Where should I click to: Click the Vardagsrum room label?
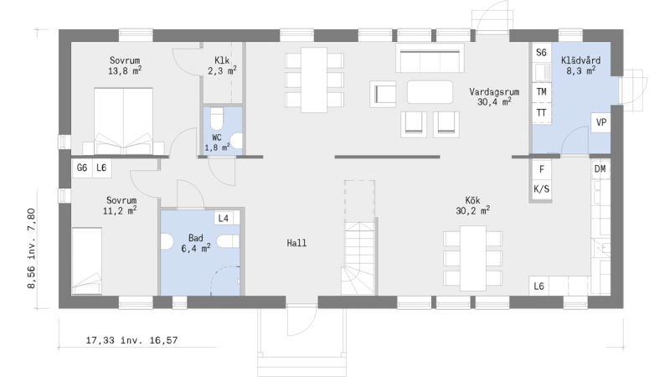[x=494, y=96]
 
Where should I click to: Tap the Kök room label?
[x=472, y=205]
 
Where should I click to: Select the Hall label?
[x=296, y=243]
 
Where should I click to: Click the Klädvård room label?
[x=580, y=65]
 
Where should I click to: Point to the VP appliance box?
[x=600, y=122]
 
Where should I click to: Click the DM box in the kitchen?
[x=600, y=169]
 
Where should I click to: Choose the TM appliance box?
[x=541, y=92]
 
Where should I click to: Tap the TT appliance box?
[x=541, y=113]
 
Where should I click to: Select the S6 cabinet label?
[x=541, y=53]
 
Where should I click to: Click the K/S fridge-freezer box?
[x=541, y=189]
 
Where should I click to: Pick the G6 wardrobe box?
[x=81, y=168]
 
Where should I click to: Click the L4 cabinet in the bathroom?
[x=224, y=219]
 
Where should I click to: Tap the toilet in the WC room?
[x=217, y=118]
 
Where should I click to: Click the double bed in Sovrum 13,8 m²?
[x=123, y=121]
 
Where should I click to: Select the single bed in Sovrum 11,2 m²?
[x=87, y=261]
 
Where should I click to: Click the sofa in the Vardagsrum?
[x=430, y=58]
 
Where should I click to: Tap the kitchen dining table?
[x=472, y=259]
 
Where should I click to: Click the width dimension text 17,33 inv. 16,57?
[x=131, y=340]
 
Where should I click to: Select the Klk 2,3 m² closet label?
[x=222, y=65]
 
